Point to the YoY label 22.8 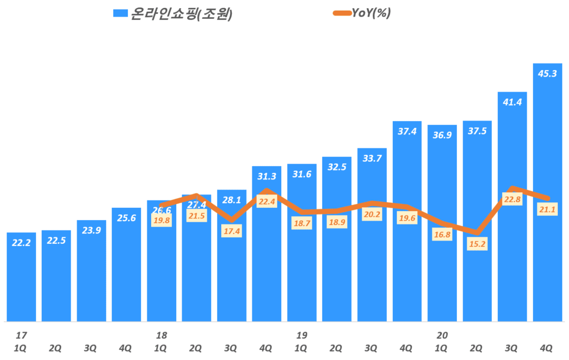[x=512, y=199]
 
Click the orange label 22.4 [x=267, y=202]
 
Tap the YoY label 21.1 [x=547, y=209]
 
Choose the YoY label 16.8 [x=442, y=235]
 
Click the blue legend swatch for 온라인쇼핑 [x=119, y=14]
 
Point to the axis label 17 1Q [x=21, y=342]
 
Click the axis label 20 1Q [x=442, y=342]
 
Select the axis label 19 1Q [x=302, y=342]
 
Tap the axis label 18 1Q [x=161, y=342]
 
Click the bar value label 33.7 [x=372, y=159]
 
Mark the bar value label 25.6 [x=126, y=218]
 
